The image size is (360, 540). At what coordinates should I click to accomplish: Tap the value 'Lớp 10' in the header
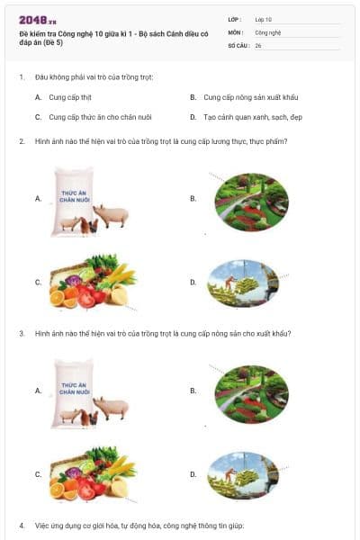(263, 19)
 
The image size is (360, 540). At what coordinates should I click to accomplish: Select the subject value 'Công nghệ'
(268, 31)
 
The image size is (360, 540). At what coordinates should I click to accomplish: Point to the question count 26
(258, 44)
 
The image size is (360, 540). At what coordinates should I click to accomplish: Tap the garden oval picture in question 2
(251, 198)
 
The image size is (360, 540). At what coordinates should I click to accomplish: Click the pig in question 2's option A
(112, 214)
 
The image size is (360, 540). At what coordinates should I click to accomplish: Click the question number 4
(22, 525)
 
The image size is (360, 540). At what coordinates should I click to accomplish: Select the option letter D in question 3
(193, 473)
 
